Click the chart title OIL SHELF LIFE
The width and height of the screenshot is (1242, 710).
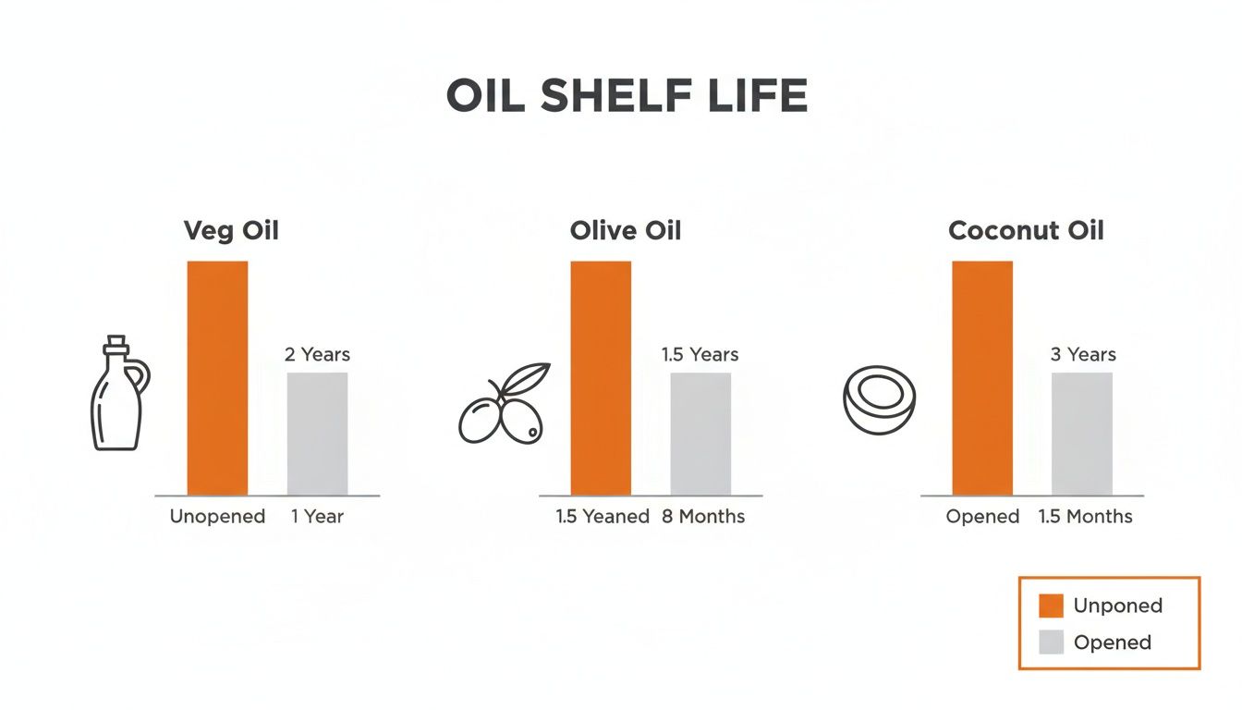pos(627,96)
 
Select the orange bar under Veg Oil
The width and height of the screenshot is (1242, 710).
pos(217,378)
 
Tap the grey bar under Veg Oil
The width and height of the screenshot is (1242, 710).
pos(317,434)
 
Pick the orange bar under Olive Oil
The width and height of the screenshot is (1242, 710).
pos(601,378)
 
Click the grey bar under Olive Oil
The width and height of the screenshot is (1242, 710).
pos(700,434)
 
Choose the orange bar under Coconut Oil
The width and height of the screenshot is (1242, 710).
pos(982,378)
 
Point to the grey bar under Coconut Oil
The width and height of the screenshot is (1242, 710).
pos(1082,434)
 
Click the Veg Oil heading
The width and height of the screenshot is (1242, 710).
pos(231,229)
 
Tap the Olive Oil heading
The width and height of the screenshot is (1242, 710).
pos(626,229)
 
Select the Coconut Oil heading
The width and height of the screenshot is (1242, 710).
pos(1026,229)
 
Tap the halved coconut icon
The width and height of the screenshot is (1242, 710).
pos(879,400)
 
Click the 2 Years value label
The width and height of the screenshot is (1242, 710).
pos(317,354)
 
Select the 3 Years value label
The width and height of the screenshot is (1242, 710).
pos(1083,354)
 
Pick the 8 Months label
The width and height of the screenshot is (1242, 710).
pos(703,517)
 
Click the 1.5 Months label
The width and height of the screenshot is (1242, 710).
pos(1085,517)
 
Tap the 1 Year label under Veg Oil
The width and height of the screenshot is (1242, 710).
pos(317,517)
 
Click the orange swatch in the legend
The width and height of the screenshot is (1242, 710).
pos(1051,606)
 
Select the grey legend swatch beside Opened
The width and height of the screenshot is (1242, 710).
pos(1051,643)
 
